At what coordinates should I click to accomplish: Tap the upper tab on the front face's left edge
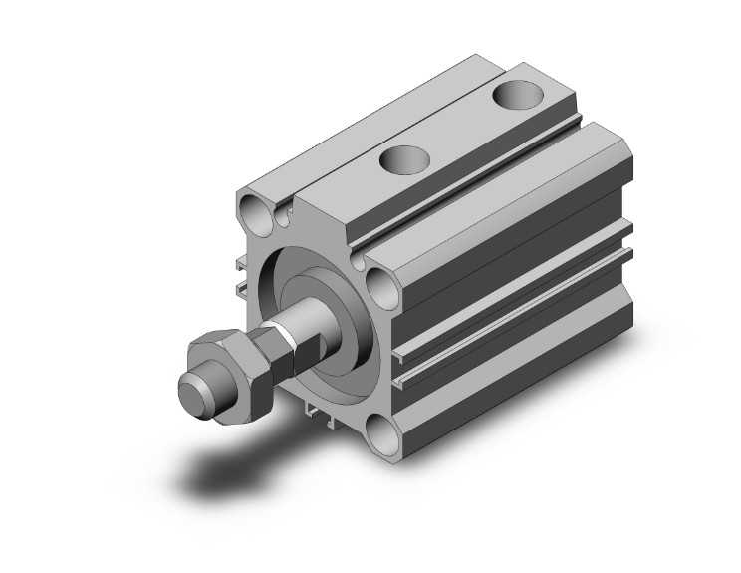(x=242, y=266)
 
